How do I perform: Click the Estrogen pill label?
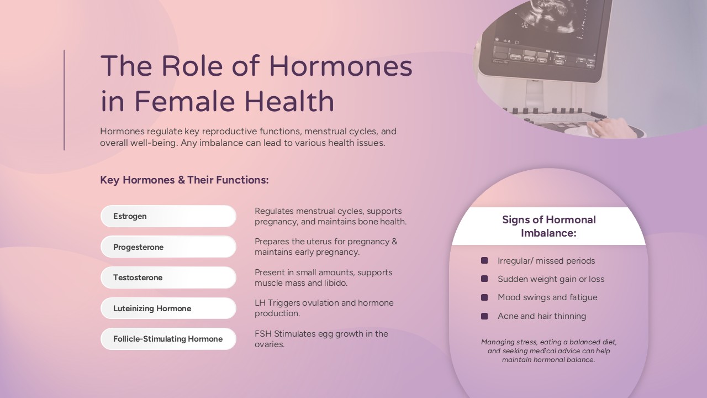click(x=168, y=216)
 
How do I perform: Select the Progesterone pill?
click(x=168, y=247)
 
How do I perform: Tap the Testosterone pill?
click(x=168, y=277)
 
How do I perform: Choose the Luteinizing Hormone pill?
click(x=168, y=308)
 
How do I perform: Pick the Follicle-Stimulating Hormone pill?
click(x=168, y=339)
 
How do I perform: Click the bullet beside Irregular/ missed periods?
click(x=484, y=260)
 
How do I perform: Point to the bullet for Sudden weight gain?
click(x=484, y=279)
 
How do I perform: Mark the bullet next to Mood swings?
click(x=484, y=297)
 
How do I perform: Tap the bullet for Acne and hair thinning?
click(x=484, y=316)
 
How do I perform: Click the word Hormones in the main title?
click(x=341, y=66)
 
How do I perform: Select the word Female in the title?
click(x=185, y=101)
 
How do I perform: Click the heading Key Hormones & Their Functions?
click(x=184, y=180)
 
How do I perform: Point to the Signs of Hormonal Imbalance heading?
click(x=548, y=226)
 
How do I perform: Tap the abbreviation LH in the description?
click(x=260, y=303)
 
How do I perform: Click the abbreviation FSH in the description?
click(x=263, y=334)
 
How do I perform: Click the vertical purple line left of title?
click(x=65, y=100)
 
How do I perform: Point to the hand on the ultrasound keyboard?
click(x=611, y=128)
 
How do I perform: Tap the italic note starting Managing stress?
click(x=548, y=351)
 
